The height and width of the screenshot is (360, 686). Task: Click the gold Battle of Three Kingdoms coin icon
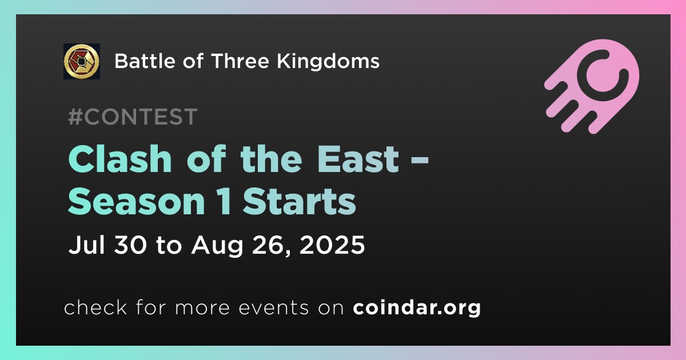pos(81,61)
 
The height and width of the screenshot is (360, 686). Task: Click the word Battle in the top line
pos(145,61)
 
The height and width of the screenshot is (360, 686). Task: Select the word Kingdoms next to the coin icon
pos(328,61)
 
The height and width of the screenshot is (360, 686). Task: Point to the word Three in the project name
pos(240,61)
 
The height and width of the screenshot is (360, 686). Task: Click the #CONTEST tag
pos(133,117)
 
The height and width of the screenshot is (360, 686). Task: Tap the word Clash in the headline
pos(120,159)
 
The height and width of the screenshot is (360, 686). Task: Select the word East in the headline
pos(358,159)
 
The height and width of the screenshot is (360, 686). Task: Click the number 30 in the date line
pos(130,245)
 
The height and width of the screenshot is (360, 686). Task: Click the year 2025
pos(332,245)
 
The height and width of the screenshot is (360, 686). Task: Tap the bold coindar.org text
pos(417,308)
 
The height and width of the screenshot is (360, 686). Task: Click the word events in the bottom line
pos(274,308)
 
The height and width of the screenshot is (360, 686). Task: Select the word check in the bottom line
pos(95,307)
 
